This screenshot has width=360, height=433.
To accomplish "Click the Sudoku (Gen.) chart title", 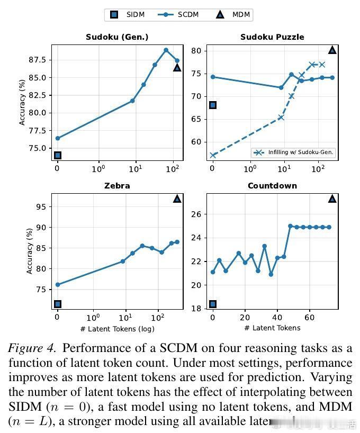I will click(x=117, y=37).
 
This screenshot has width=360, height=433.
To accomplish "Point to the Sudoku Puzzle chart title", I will click(x=272, y=37).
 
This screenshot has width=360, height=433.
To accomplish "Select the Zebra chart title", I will click(x=118, y=186).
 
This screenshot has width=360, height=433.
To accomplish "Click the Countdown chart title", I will click(x=272, y=186).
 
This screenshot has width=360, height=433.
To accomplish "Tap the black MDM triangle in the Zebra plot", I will click(x=177, y=199).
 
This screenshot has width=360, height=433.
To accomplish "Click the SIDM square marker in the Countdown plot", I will click(x=213, y=304).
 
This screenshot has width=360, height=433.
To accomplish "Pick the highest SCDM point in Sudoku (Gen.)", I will click(x=166, y=50).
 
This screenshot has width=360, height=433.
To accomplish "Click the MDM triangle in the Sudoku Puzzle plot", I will click(x=332, y=50).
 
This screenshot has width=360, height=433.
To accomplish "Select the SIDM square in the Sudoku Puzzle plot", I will click(x=213, y=105).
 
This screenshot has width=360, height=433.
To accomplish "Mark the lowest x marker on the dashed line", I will click(x=213, y=155).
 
